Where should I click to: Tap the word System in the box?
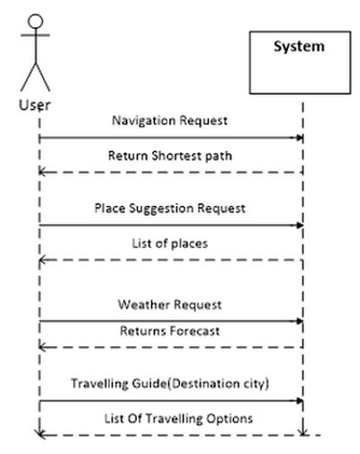point(300,47)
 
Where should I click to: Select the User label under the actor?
point(35,104)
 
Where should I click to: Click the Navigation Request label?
point(169,120)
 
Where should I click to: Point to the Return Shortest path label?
point(169,156)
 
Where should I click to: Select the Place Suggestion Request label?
point(169,208)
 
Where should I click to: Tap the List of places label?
point(169,242)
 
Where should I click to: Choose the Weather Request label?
point(169,305)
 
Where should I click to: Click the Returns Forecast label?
point(169,331)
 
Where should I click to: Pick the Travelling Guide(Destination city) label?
point(170,384)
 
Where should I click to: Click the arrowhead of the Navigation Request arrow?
point(300,138)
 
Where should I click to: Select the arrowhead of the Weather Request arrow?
point(300,320)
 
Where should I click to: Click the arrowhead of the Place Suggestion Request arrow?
point(300,225)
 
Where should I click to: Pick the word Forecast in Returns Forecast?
point(194,331)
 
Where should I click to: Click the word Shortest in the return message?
point(176,156)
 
